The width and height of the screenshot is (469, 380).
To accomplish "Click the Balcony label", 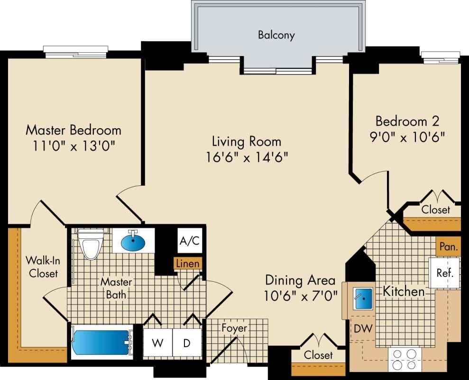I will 276,35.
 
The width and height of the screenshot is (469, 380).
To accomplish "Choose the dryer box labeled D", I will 187,342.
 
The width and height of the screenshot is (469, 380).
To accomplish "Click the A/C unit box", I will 189,241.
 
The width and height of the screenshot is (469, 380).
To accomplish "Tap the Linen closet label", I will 188,263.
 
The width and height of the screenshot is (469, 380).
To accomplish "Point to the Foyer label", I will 234,328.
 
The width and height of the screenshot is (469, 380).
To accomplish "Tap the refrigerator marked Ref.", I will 445,273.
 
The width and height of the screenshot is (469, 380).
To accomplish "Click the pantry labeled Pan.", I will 448,247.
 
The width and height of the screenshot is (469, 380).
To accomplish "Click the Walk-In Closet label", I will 42,267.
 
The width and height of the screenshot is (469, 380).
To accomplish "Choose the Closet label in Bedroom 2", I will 435,209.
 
